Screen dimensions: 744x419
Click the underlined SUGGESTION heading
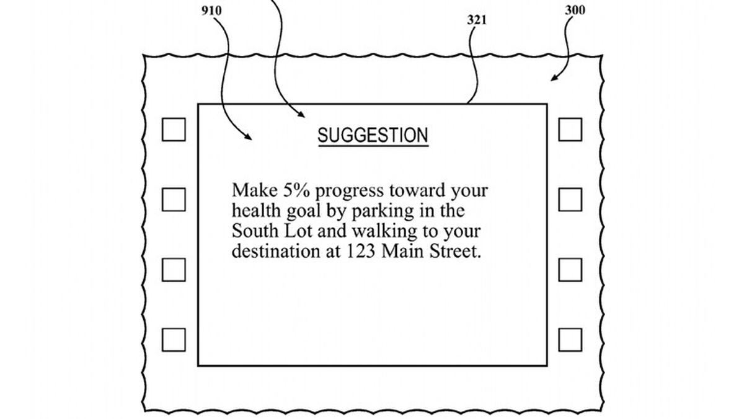click(373, 136)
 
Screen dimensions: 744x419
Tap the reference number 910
click(211, 11)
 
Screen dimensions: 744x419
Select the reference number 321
click(477, 20)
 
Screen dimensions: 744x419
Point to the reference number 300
click(575, 11)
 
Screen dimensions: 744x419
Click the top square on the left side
click(174, 130)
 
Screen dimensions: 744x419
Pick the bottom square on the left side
click(174, 340)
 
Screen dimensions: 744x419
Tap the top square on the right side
click(570, 130)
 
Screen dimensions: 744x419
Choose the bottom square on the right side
click(570, 340)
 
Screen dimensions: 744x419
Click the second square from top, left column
click(174, 200)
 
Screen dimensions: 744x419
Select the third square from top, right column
click(570, 270)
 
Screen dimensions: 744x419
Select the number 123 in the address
click(361, 251)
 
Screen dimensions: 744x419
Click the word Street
click(455, 251)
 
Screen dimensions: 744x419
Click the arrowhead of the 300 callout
click(552, 79)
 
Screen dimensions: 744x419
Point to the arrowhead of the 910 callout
click(249, 138)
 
